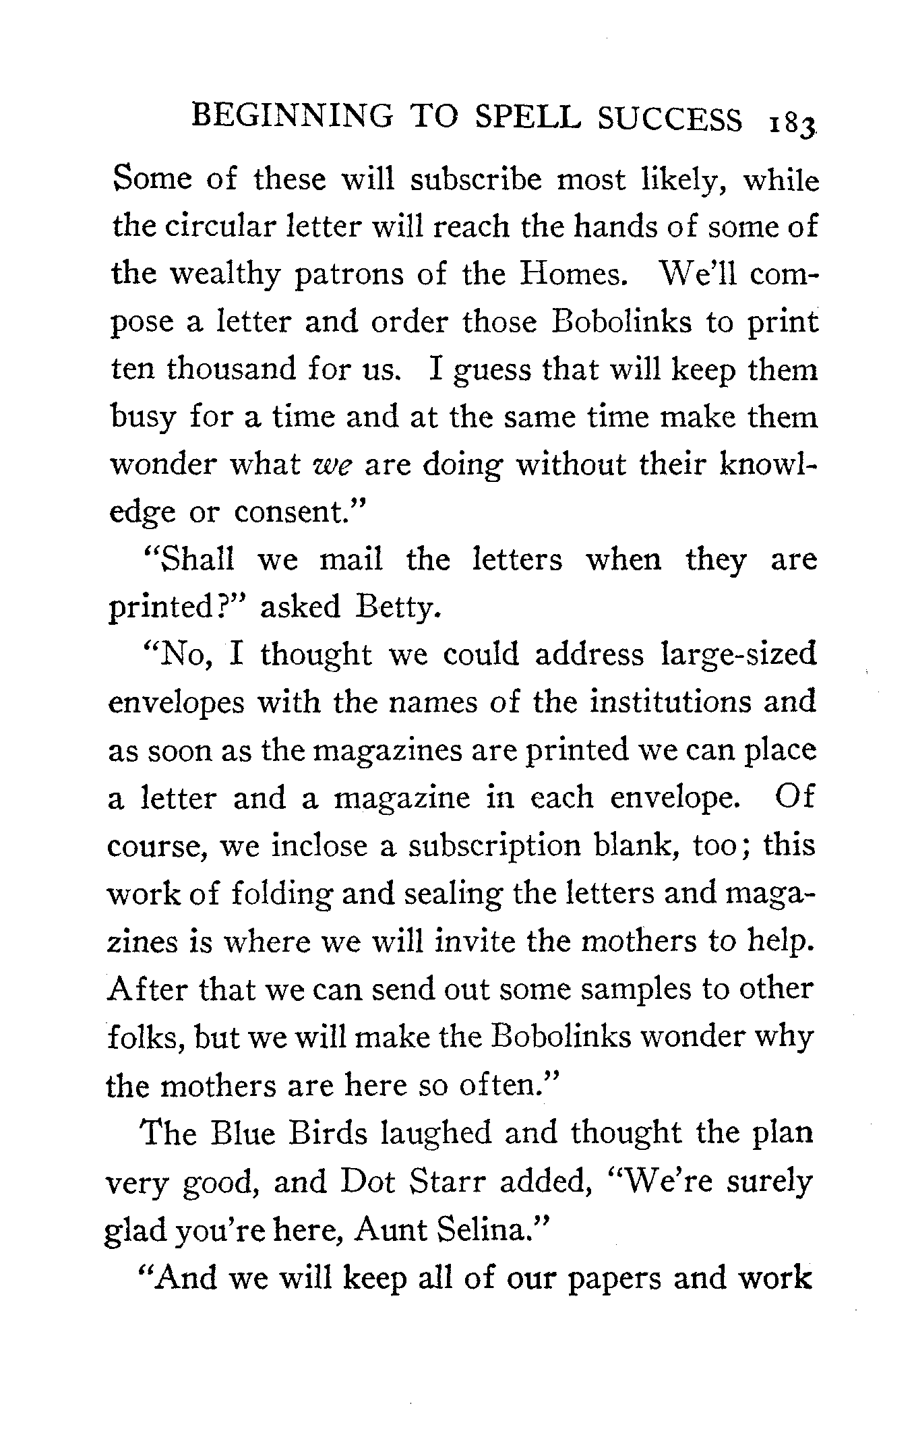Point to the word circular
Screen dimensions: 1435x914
[206, 226]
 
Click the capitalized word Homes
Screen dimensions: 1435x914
[574, 274]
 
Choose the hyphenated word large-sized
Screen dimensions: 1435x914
[739, 655]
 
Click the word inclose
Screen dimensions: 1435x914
[318, 846]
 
